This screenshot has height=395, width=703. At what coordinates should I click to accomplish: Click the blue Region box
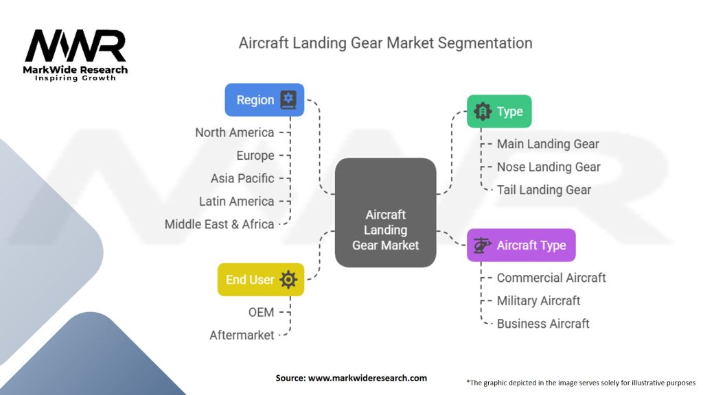pos(264,100)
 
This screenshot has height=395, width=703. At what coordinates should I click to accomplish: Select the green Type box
pos(499,112)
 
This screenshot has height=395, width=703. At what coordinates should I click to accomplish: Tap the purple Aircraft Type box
pos(521,246)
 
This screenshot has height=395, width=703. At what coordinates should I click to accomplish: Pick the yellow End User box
pos(260,280)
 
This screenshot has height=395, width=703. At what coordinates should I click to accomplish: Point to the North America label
pos(234,132)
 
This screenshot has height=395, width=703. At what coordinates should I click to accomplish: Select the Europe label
pos(255,156)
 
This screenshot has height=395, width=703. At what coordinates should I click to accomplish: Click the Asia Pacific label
pos(242,178)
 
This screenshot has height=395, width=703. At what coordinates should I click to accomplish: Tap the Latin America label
pos(236,201)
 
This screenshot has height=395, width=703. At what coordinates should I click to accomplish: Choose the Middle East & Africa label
pos(219,224)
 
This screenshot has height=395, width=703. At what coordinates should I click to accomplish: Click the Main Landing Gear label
pos(548,144)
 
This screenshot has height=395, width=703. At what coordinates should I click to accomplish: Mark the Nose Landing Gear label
pos(549,167)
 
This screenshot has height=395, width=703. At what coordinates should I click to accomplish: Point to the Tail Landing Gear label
pos(544,190)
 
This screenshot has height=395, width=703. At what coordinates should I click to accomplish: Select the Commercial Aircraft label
pos(551,278)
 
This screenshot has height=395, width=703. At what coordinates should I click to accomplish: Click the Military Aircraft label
pos(538,300)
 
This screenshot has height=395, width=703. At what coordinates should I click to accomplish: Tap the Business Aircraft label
pos(543,324)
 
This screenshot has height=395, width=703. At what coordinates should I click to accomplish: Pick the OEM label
pos(261,312)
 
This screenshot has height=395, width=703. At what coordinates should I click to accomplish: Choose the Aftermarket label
pos(242,335)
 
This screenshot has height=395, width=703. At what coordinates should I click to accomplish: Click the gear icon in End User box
pos(288,280)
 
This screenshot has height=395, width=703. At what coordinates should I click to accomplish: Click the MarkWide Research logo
pos(76,55)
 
